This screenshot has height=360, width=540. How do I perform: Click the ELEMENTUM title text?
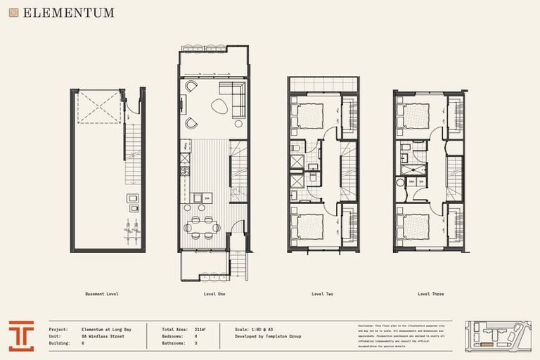click(x=68, y=13)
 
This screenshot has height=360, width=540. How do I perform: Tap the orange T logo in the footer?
click(x=22, y=335)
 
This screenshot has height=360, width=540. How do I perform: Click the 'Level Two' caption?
click(x=322, y=294)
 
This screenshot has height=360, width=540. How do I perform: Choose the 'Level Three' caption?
click(x=430, y=294)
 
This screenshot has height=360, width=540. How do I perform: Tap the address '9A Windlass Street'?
click(x=103, y=336)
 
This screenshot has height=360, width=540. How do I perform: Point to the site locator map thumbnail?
click(x=498, y=335)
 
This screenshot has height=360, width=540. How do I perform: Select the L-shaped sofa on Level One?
click(x=233, y=97)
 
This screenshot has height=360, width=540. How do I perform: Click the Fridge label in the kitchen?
click(x=185, y=146)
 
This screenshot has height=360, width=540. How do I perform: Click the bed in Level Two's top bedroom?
click(x=308, y=115)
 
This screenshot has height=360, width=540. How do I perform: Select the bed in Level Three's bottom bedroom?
click(x=416, y=226)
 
